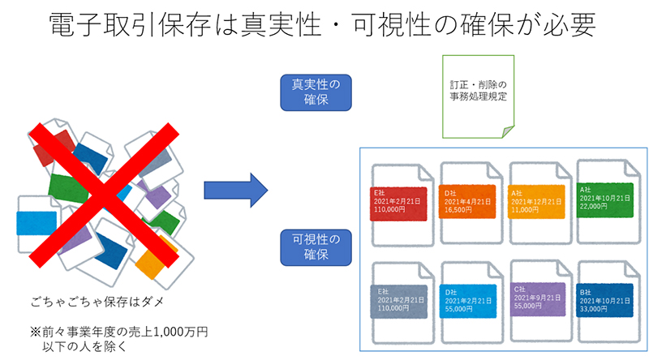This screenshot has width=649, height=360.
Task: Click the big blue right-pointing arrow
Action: tap(235, 191)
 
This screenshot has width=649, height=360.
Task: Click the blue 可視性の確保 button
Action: tap(316, 247)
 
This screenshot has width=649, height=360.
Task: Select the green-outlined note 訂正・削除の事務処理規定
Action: tap(479, 96)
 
